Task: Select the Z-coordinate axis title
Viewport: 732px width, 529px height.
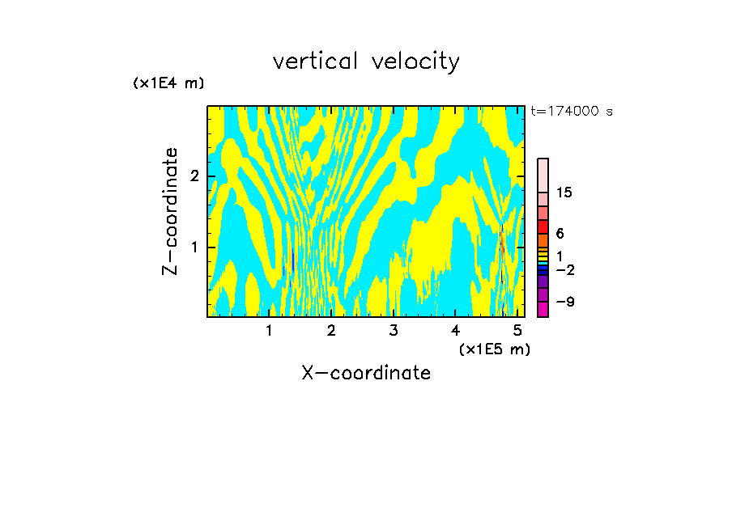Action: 170,211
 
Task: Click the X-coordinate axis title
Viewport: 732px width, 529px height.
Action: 366,373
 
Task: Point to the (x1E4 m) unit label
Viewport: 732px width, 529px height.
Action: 168,83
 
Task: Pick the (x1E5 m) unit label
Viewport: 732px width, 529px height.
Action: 494,349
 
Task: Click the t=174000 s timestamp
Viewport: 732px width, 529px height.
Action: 571,112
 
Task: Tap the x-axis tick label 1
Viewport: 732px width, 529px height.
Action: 270,330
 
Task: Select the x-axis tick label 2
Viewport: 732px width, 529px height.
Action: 331,330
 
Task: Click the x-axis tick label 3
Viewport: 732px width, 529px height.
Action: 394,330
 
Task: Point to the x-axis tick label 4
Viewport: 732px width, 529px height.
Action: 456,330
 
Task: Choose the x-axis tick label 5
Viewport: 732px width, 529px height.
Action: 517,330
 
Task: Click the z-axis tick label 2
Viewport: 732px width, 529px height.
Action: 194,176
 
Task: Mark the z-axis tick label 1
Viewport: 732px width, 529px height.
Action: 194,247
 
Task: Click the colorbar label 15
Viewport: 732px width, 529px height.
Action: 564,193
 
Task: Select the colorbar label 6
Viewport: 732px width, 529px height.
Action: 560,233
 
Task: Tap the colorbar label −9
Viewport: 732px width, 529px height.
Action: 564,302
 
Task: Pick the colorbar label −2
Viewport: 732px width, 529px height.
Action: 564,269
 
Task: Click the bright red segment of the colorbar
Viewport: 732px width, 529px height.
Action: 543,226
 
